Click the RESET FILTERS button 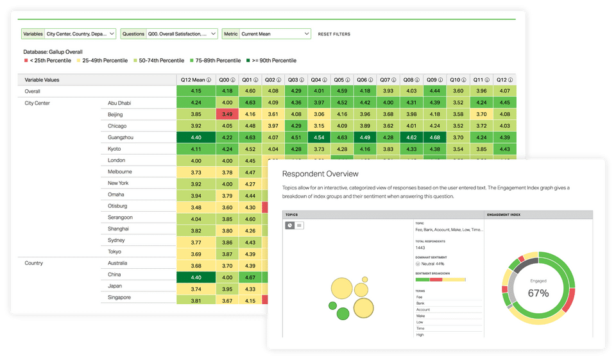tap(334, 34)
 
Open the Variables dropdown tap(69, 33)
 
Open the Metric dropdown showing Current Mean tap(267, 33)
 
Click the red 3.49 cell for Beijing tap(227, 114)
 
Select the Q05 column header tap(343, 80)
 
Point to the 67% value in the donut tap(538, 293)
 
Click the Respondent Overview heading tap(320, 174)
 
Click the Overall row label tap(33, 91)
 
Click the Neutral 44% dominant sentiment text tap(431, 263)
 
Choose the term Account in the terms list tap(423, 309)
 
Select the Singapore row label tap(119, 297)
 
